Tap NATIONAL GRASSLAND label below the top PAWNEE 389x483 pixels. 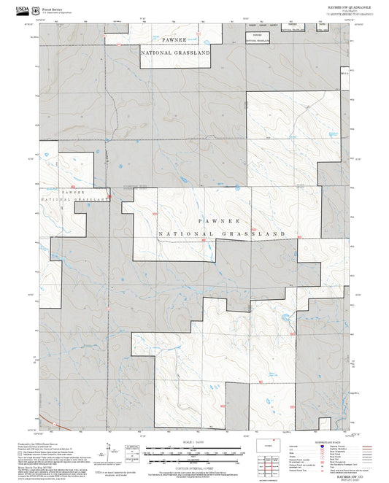click(175, 53)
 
